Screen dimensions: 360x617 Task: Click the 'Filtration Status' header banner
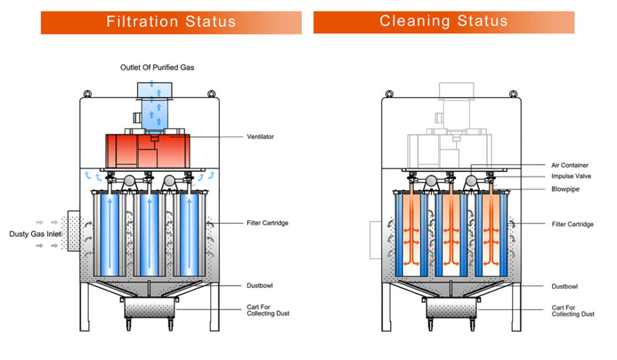(171, 22)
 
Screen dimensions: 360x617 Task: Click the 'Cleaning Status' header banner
(443, 22)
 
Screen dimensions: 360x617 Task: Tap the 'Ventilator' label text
(260, 137)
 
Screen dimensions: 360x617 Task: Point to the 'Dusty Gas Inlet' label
(34, 233)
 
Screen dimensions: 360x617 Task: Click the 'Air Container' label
(569, 165)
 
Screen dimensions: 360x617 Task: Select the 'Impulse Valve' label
(571, 177)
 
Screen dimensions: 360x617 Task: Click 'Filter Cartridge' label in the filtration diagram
(268, 223)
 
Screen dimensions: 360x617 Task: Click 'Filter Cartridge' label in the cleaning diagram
(572, 224)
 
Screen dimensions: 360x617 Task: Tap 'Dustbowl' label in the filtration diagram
(260, 285)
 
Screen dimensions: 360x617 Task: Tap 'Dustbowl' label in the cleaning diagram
(565, 286)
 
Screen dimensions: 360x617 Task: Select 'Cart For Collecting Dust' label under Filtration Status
(268, 311)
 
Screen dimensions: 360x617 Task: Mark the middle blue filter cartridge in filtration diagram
(149, 232)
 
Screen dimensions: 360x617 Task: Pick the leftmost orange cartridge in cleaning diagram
(412, 232)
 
